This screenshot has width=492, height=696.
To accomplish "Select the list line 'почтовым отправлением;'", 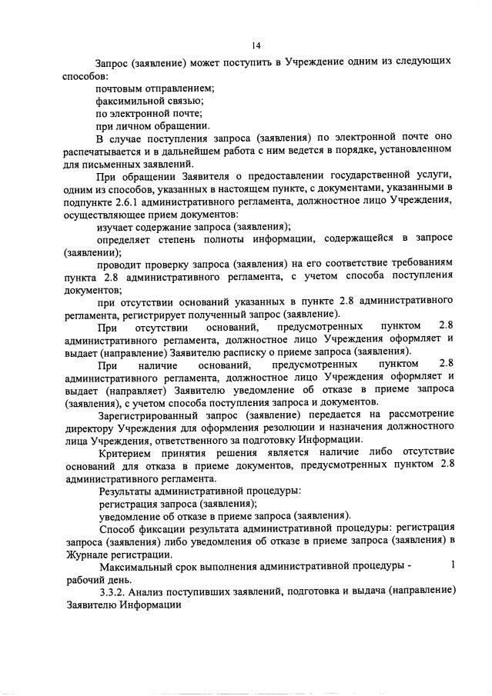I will (154, 89).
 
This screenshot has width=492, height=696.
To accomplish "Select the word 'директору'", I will (90, 426).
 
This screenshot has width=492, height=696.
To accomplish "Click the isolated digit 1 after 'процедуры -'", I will (453, 565).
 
